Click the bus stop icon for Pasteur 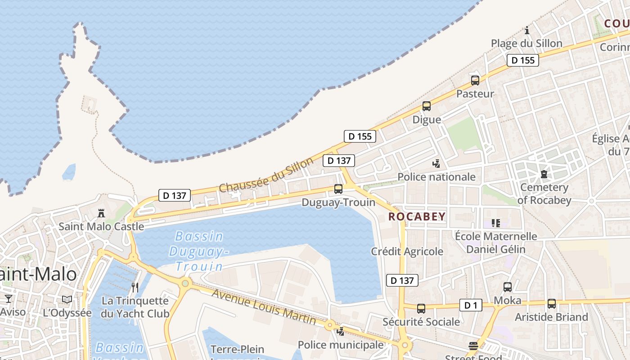point(475,81)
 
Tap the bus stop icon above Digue point(426,107)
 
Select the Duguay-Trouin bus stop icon point(338,189)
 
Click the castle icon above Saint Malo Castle point(101,213)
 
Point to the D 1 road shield point(471,306)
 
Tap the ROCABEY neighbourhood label point(417,216)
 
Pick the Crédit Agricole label point(407,252)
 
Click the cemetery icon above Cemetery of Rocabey point(544,174)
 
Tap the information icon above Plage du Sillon point(527,31)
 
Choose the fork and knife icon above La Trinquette point(135,288)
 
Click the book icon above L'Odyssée point(67,299)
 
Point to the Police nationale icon point(436,164)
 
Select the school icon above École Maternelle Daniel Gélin point(495,223)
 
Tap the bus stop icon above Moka point(507,287)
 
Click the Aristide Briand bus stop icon point(551,304)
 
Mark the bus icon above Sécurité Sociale point(421,309)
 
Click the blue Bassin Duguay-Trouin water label point(199,251)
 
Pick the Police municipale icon point(341,332)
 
